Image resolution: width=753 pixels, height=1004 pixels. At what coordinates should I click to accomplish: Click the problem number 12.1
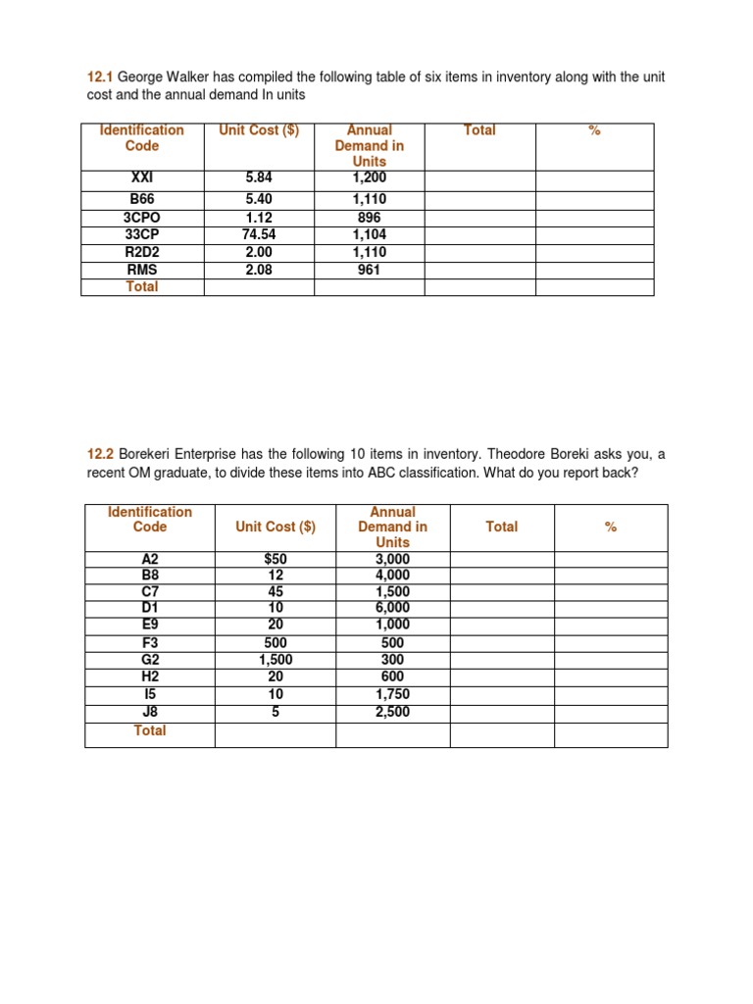(100, 76)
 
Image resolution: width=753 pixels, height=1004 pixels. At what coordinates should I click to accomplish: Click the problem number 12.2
(101, 454)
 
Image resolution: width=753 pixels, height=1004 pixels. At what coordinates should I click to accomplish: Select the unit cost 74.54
(259, 234)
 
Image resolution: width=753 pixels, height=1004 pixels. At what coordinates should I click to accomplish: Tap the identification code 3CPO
(142, 218)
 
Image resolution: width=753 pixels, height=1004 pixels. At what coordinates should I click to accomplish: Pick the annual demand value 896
(370, 218)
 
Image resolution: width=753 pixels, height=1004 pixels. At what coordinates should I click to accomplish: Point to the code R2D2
(142, 252)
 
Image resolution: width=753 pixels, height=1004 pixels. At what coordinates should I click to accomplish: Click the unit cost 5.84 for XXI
(259, 177)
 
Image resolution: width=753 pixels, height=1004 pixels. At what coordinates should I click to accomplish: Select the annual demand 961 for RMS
(370, 269)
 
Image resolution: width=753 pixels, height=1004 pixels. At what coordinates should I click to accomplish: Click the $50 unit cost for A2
(276, 559)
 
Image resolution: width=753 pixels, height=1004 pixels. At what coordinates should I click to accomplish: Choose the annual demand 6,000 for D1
(392, 608)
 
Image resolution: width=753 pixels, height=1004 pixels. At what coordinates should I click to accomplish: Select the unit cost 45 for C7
(276, 592)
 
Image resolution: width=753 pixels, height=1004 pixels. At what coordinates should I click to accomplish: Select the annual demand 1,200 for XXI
(370, 177)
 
